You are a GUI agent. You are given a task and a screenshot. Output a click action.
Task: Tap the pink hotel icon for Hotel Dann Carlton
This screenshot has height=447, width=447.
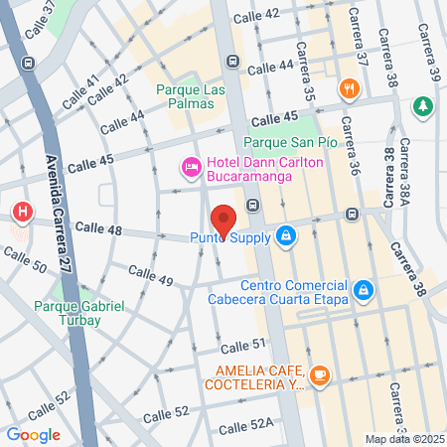coord(189,167)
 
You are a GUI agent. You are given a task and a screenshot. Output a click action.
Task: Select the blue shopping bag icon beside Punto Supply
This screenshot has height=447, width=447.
coord(285,235)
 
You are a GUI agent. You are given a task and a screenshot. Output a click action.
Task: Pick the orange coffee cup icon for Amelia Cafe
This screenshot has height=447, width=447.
coord(319,374)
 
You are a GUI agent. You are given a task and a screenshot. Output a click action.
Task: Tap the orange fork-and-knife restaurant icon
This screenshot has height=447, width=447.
coord(348,88)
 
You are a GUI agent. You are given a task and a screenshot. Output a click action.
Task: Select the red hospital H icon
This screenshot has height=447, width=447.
coord(22,212)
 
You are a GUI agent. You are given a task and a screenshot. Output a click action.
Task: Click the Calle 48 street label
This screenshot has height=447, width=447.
coord(98,229)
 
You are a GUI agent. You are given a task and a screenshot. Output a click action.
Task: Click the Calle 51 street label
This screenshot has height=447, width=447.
coord(244,345)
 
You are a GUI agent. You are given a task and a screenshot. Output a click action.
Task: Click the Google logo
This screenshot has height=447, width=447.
coord(33,434)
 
